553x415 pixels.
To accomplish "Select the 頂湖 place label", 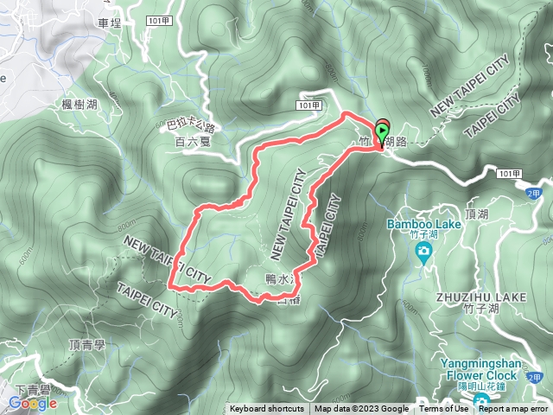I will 476,213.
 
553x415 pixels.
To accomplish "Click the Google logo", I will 33,404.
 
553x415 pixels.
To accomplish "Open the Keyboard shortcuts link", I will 266,409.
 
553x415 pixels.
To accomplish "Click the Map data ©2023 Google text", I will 361,409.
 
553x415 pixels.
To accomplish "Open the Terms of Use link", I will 446,409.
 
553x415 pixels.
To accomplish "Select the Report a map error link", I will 515,409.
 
